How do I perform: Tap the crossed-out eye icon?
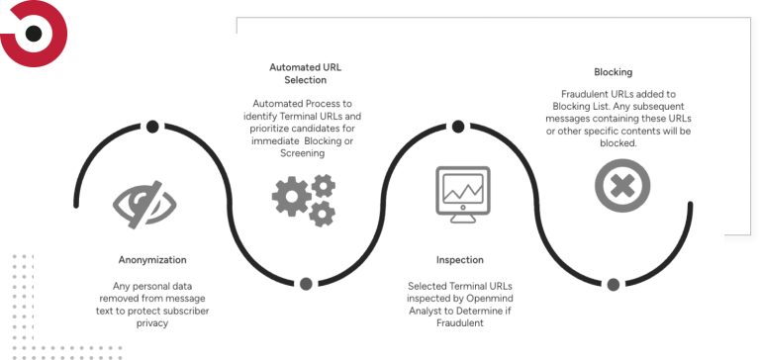pyautogui.click(x=144, y=204)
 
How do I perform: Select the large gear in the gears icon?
pyautogui.click(x=291, y=196)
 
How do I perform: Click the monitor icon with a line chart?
pyautogui.click(x=463, y=194)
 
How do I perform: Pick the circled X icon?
pyautogui.click(x=622, y=186)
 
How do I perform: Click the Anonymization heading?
pyautogui.click(x=152, y=260)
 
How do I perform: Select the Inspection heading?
pyautogui.click(x=459, y=260)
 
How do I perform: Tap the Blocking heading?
pyautogui.click(x=614, y=72)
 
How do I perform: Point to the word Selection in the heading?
pyautogui.click(x=306, y=80)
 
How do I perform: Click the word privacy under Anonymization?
pyautogui.click(x=152, y=323)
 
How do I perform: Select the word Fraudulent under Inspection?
pyautogui.click(x=460, y=322)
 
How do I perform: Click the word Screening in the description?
pyautogui.click(x=303, y=153)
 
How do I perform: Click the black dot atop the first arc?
pyautogui.click(x=152, y=127)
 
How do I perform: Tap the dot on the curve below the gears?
pyautogui.click(x=306, y=284)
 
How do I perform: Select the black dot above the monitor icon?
pyautogui.click(x=458, y=127)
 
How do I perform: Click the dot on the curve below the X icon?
pyautogui.click(x=614, y=285)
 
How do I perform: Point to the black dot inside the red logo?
pyautogui.click(x=34, y=34)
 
